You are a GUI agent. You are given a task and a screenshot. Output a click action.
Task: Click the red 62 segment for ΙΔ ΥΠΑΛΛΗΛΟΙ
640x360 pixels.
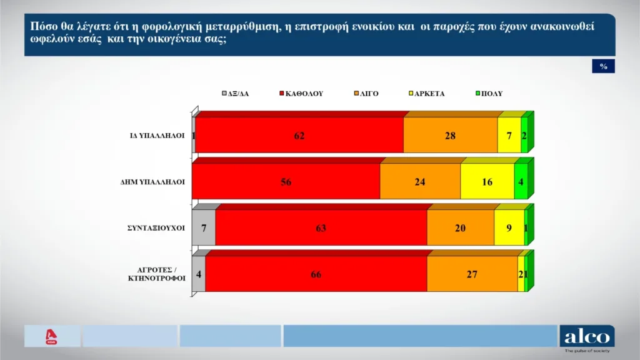[x=299, y=136]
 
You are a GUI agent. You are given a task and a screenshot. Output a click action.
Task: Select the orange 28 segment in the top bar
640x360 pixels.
[x=450, y=136]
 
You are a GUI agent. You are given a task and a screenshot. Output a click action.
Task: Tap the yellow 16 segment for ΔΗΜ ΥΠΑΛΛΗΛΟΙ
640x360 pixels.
[x=487, y=182]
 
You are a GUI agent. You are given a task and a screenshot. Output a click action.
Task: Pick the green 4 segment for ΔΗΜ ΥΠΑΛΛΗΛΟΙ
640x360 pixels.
[x=521, y=182]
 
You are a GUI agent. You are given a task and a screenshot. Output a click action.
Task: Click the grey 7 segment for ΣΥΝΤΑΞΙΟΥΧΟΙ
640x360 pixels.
[x=204, y=228]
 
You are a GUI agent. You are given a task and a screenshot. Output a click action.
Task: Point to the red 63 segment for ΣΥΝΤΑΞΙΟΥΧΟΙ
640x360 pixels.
[x=321, y=228]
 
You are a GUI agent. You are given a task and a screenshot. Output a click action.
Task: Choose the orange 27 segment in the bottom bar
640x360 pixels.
[x=472, y=274]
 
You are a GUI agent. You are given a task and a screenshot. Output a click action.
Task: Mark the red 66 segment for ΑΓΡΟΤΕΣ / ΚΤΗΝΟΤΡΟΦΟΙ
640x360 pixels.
[x=316, y=274]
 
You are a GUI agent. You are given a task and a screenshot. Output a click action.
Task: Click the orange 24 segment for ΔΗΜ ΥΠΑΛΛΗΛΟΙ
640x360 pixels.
[x=420, y=182]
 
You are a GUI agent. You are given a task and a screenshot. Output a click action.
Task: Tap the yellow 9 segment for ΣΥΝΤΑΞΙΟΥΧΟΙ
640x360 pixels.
[x=509, y=228]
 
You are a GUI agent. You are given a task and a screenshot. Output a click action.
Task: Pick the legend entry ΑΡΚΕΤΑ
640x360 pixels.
[x=426, y=94]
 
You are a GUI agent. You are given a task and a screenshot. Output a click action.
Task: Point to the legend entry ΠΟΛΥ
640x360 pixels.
[x=489, y=94]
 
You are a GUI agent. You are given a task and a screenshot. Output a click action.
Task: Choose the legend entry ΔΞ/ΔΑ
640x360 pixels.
[x=236, y=94]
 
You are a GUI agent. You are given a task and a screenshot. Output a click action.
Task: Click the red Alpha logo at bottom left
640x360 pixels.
[x=52, y=336]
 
